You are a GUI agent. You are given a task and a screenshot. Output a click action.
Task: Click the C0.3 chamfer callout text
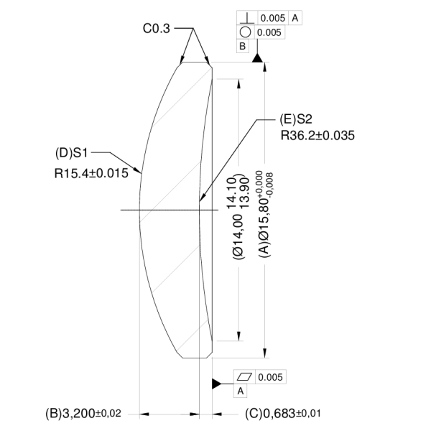tap(157, 29)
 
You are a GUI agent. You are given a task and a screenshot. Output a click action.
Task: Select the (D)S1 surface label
tap(71, 153)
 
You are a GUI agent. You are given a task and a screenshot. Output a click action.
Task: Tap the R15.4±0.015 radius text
tap(91, 173)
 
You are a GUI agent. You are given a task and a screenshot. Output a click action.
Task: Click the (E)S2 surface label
tap(296, 119)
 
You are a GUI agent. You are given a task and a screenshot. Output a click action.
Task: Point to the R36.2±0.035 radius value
tap(318, 136)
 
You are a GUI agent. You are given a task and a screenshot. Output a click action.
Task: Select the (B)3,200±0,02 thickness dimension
tap(83, 413)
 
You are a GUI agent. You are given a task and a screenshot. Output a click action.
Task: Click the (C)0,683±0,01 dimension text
tap(283, 413)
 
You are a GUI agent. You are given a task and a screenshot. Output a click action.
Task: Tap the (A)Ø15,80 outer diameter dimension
tap(264, 215)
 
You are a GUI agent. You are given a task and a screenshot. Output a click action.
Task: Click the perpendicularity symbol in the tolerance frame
tap(247, 19)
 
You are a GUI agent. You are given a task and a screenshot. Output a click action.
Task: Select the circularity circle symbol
tap(245, 32)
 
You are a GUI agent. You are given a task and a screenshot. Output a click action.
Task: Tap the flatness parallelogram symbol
tap(244, 376)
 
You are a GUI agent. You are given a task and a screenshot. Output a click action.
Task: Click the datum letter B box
tap(243, 46)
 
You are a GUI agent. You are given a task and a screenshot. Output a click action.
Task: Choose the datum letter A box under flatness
tap(241, 391)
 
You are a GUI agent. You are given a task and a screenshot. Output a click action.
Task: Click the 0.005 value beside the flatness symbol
tap(271, 377)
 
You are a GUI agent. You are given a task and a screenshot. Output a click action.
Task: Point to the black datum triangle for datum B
tap(257, 58)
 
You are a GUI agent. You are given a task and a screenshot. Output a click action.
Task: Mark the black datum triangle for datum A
tap(216, 384)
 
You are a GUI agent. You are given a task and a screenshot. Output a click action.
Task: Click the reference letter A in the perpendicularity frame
tap(295, 18)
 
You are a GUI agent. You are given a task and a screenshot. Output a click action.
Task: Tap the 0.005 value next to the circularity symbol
tap(269, 32)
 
